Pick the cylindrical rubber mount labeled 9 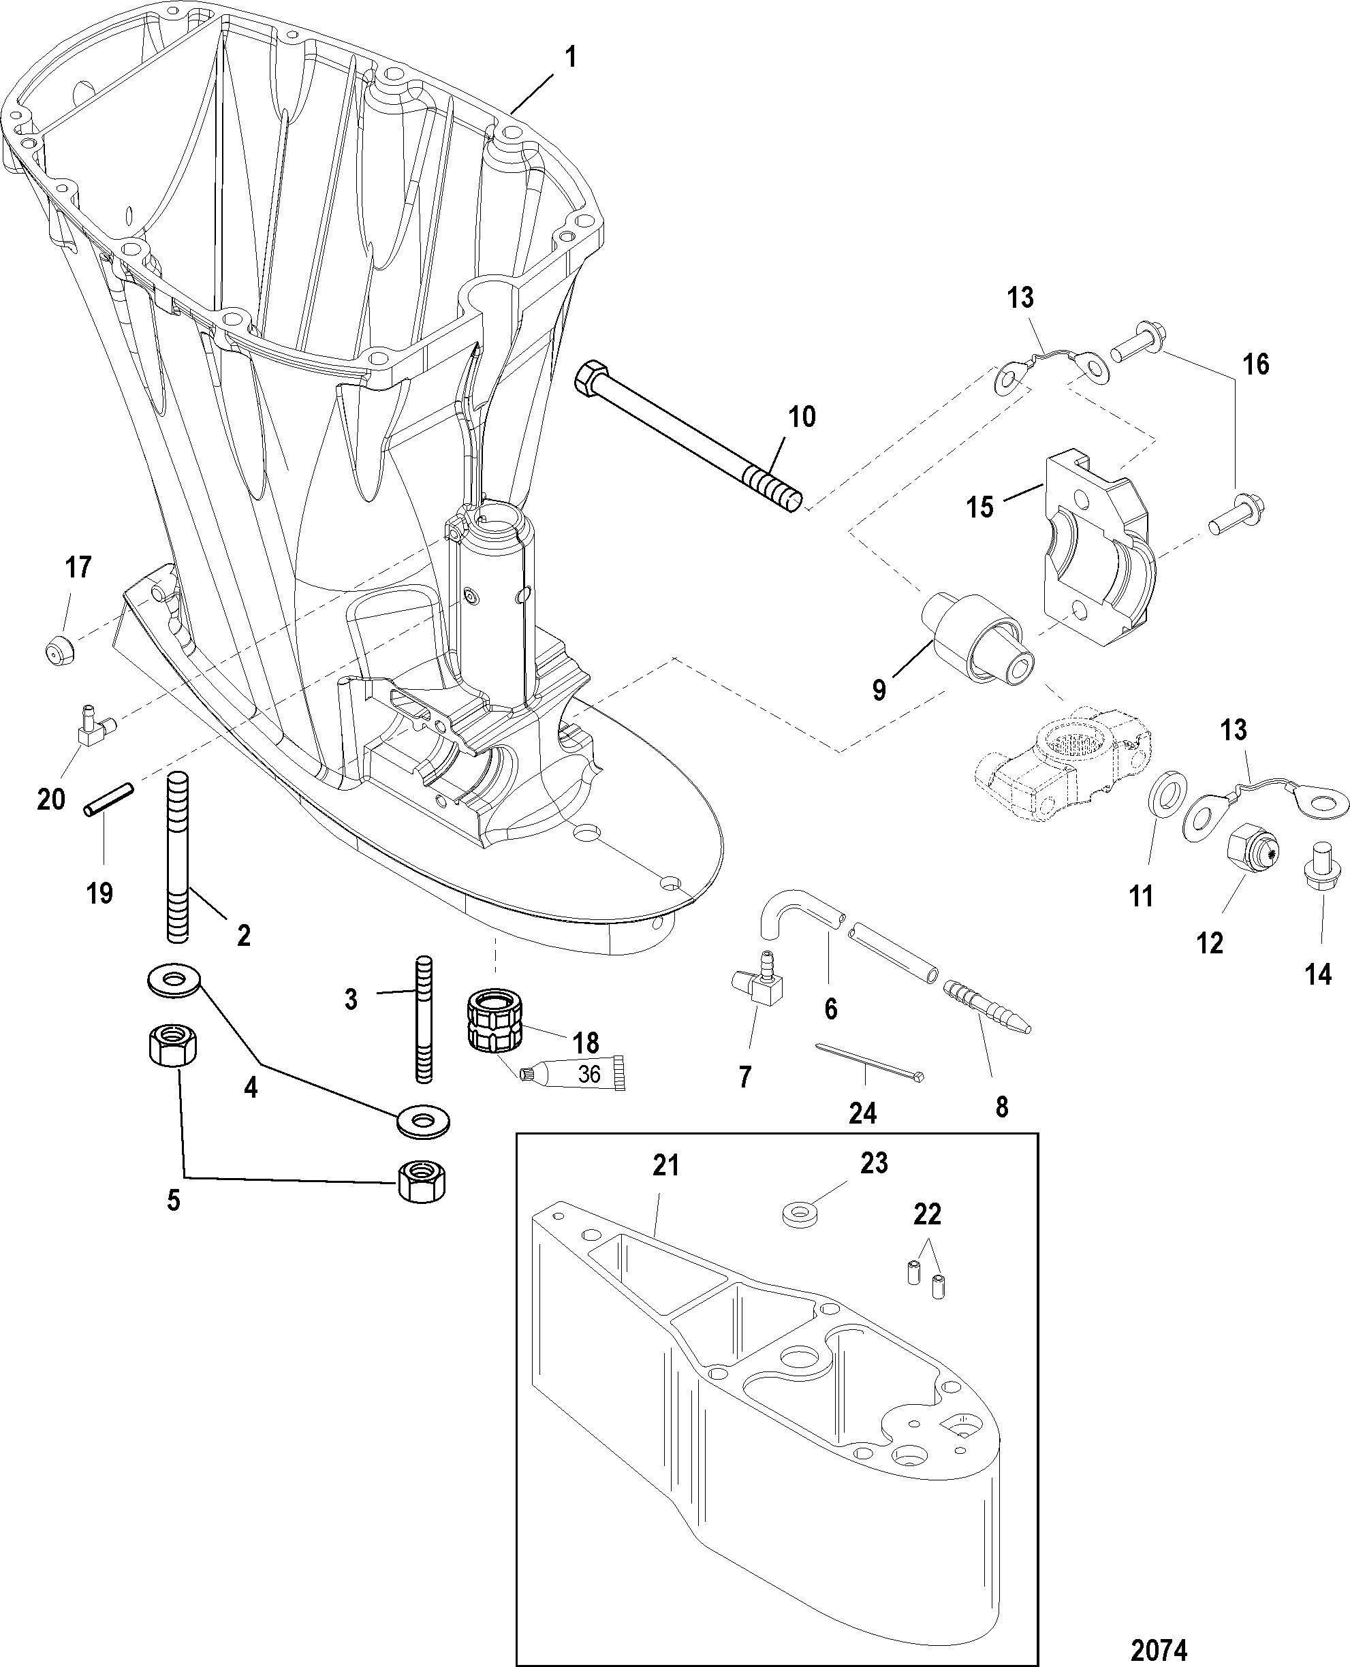(978, 648)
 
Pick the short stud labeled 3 (424, 1019)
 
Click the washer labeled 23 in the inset (801, 1216)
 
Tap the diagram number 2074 (1159, 1644)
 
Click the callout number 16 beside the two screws (1256, 363)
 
